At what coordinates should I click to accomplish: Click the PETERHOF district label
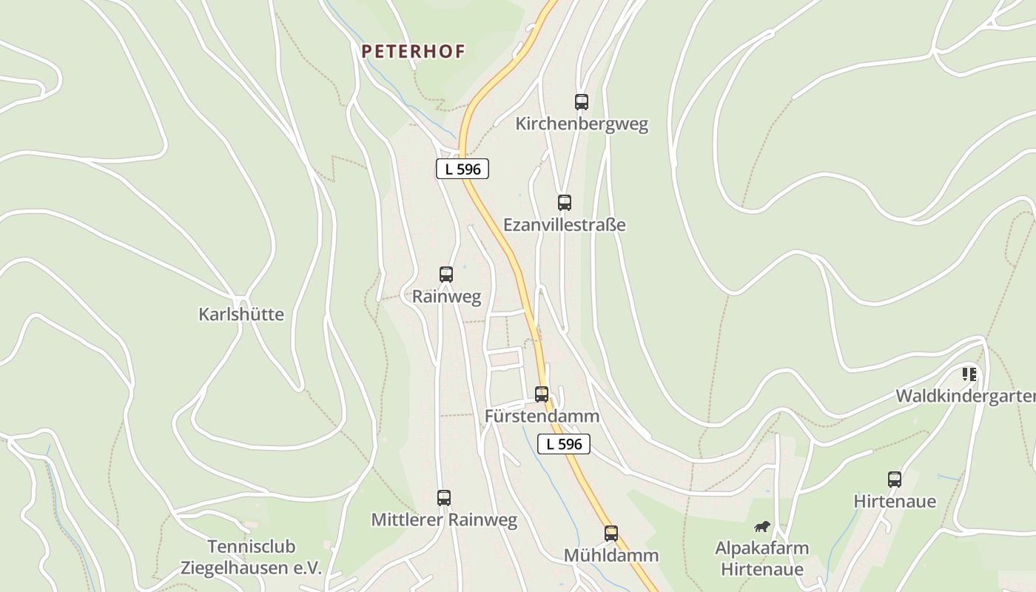click(413, 51)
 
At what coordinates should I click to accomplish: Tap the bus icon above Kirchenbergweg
click(582, 102)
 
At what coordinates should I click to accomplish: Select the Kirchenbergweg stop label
click(582, 124)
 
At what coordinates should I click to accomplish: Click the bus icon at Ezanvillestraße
click(565, 202)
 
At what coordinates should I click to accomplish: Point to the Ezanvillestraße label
click(565, 224)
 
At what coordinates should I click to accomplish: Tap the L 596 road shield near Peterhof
click(462, 169)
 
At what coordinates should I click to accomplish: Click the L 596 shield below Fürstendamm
click(564, 444)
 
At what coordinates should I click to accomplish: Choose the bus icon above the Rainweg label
click(446, 275)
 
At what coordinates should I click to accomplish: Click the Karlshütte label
click(241, 314)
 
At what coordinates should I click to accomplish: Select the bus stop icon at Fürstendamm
click(542, 394)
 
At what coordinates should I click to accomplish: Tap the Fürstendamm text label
click(542, 416)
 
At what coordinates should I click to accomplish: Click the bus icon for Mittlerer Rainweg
click(444, 498)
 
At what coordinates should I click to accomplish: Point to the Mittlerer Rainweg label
click(444, 519)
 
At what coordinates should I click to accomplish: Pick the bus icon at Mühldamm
click(611, 534)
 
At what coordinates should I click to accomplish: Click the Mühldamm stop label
click(611, 555)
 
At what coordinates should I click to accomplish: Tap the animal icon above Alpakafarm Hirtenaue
click(762, 526)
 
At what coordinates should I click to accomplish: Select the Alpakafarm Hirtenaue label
click(762, 559)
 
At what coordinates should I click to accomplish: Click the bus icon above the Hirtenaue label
click(895, 480)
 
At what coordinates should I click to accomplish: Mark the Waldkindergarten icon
click(969, 374)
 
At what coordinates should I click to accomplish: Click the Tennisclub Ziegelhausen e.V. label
click(252, 557)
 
